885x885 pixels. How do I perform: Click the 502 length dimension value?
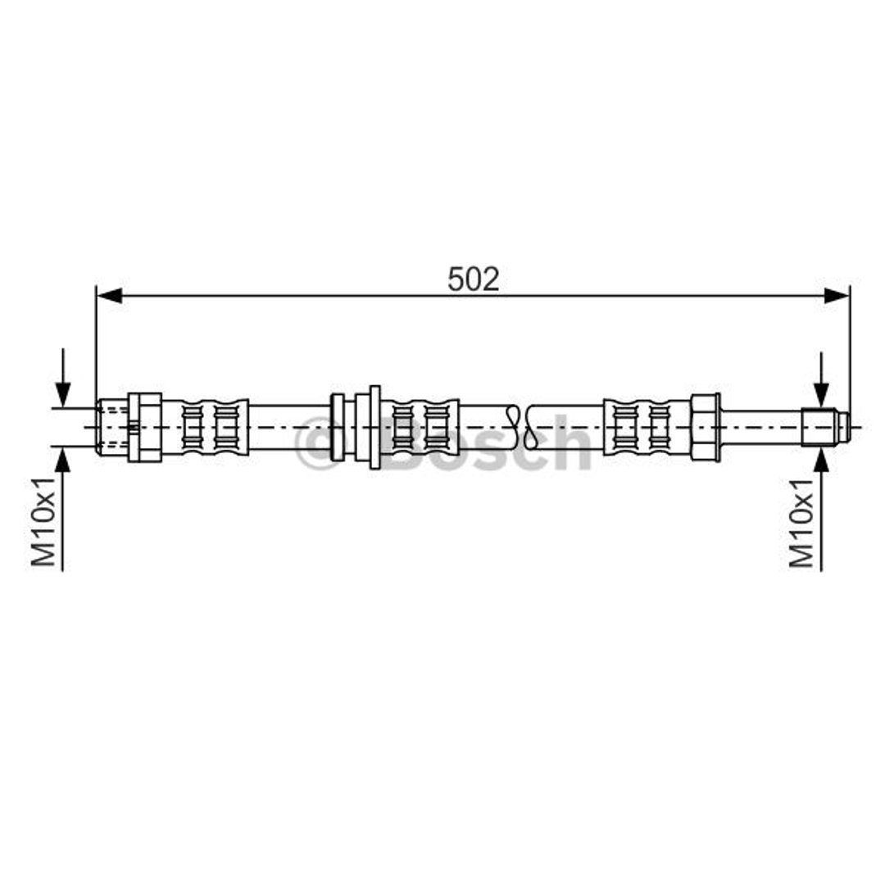473,279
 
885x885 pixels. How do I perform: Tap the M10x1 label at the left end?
43,521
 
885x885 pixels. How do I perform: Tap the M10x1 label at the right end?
802,522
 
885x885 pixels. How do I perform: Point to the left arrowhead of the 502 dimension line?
109,295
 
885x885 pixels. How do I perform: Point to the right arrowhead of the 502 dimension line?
837,295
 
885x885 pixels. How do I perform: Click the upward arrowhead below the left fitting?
63,460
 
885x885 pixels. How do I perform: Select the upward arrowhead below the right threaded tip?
821,460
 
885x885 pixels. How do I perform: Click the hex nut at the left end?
145,427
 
